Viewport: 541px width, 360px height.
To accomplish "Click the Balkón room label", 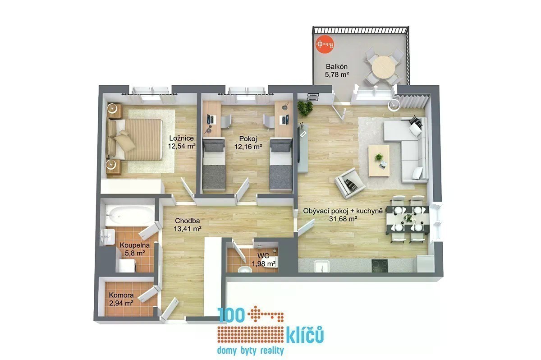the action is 336,66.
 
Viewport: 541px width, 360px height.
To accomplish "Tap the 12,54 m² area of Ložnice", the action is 182,146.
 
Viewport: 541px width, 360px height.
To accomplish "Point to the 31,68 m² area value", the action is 343,219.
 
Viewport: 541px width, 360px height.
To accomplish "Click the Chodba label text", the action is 188,221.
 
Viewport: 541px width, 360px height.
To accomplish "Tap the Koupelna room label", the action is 135,245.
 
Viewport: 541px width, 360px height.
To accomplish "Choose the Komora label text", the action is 121,295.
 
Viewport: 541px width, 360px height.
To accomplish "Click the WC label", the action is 263,256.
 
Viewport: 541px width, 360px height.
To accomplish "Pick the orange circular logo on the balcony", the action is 325,44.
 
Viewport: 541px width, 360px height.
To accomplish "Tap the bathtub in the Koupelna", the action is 130,216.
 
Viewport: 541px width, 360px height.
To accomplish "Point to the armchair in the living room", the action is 349,183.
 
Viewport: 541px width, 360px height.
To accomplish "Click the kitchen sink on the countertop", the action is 322,266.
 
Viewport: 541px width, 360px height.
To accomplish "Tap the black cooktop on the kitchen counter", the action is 380,266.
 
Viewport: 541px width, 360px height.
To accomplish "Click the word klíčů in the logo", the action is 305,335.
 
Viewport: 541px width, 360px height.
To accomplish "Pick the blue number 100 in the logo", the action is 231,315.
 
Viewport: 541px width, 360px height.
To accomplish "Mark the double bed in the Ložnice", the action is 135,139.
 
